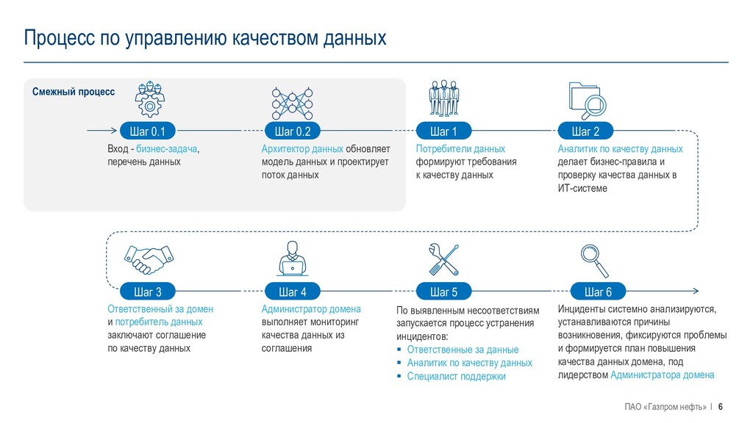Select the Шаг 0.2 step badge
pos(293,131)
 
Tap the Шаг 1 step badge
pos(443,131)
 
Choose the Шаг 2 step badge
pos(585,131)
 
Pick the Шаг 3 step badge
pos(147,292)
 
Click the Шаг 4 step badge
pos(293,292)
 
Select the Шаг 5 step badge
pos(443,292)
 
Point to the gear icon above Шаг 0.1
pos(150,99)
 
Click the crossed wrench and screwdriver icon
pos(443,259)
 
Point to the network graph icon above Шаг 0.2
pos(293,101)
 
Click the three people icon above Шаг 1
pos(443,99)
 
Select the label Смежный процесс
pos(74,92)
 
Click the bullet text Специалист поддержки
pos(456,376)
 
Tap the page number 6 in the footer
pos(721,407)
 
